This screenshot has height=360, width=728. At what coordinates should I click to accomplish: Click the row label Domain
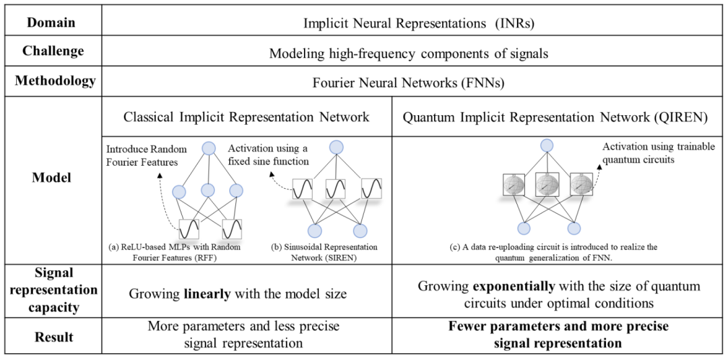[x=51, y=22]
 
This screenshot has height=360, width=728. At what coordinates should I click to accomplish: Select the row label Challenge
[x=53, y=51]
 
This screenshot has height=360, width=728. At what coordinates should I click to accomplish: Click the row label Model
[x=52, y=178]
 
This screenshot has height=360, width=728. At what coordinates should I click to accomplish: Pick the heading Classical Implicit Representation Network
[x=246, y=117]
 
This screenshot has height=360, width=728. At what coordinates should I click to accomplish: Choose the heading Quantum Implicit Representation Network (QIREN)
[x=555, y=117]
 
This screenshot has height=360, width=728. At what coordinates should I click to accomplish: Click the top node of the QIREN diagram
[x=547, y=145]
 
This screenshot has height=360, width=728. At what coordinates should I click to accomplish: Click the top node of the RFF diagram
[x=208, y=148]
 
